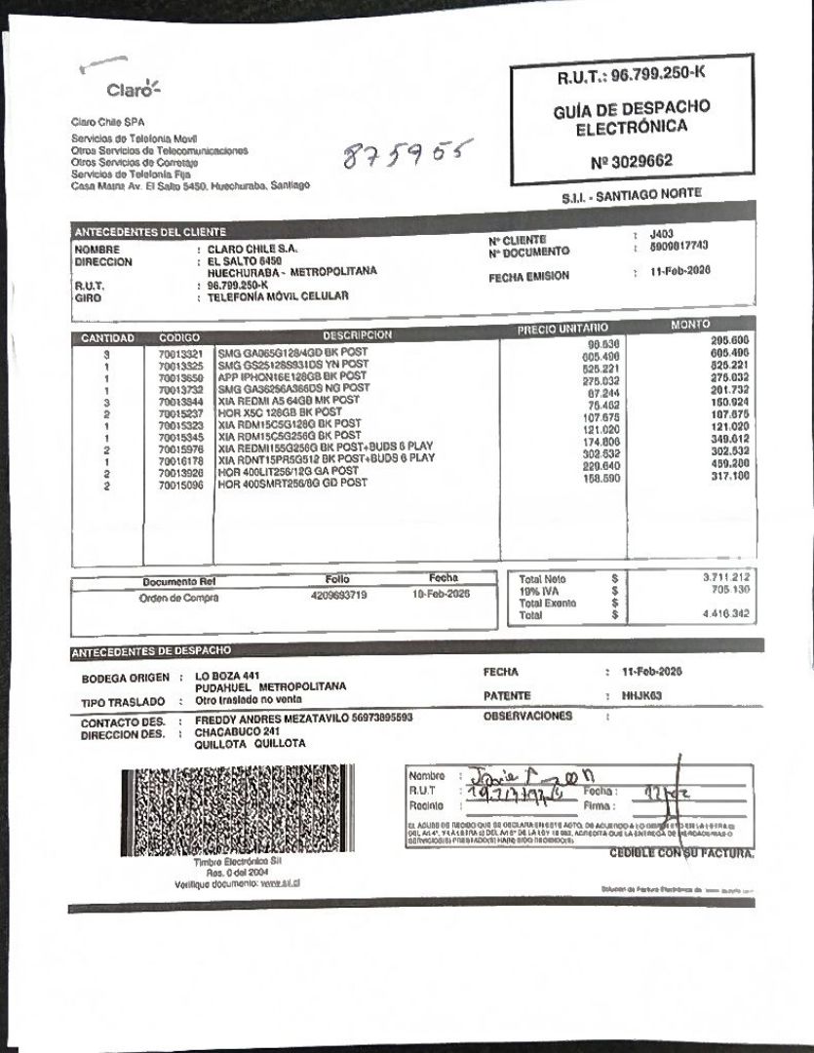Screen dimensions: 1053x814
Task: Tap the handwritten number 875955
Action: point(401,155)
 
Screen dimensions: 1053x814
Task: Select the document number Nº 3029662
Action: point(632,161)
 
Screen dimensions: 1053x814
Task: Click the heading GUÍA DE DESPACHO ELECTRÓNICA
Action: point(632,117)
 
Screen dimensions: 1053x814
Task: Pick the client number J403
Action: point(661,235)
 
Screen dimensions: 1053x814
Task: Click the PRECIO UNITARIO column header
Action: point(562,330)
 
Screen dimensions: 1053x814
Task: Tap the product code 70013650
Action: point(179,376)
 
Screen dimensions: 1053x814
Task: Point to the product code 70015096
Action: point(179,484)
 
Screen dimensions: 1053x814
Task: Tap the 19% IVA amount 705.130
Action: point(729,590)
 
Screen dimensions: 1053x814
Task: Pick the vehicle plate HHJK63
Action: point(640,695)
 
